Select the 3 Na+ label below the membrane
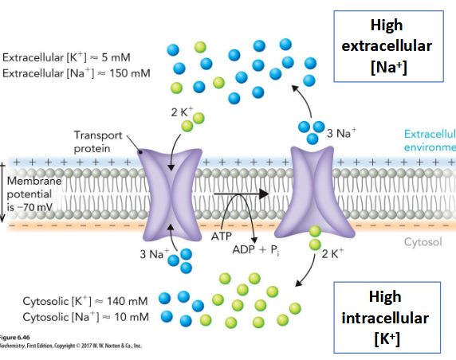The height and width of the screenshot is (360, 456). (x=151, y=255)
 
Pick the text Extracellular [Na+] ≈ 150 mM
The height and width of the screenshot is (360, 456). (x=77, y=73)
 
